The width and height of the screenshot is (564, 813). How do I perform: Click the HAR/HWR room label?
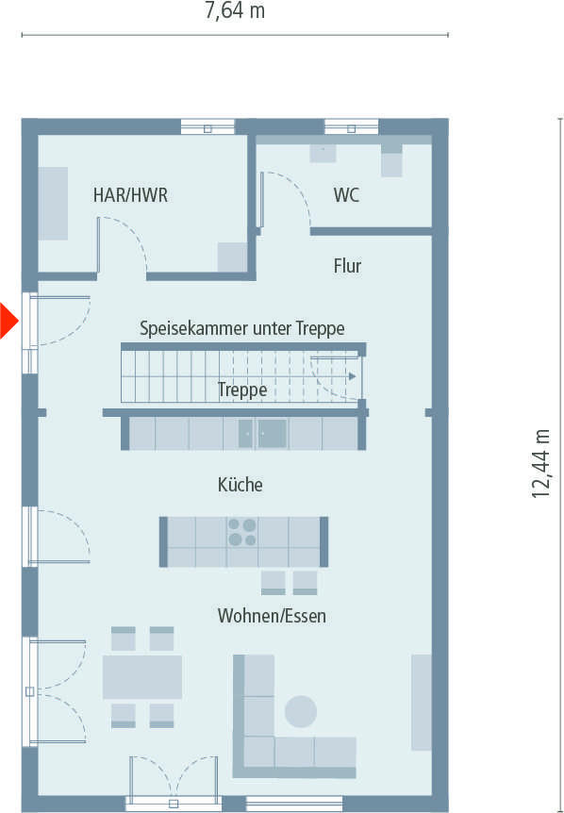[130, 195]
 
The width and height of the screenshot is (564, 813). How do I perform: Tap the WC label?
[346, 196]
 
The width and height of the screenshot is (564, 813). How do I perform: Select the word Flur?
[347, 266]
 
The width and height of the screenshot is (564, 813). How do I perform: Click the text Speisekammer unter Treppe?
[241, 328]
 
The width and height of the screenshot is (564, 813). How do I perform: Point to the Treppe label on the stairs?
[241, 389]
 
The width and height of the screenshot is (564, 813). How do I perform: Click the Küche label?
[240, 485]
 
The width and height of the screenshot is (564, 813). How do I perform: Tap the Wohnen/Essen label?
[272, 616]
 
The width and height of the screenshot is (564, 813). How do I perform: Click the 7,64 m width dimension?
[235, 12]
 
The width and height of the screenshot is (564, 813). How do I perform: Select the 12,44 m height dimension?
[542, 462]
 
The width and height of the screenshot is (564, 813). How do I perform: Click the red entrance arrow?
[8, 320]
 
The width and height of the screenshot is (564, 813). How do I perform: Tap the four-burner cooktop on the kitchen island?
[242, 533]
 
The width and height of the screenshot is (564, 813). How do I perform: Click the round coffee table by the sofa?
[302, 711]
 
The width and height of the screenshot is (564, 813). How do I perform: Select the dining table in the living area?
[142, 677]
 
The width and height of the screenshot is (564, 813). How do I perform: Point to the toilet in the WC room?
[391, 161]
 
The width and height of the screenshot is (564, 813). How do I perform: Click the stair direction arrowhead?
[352, 376]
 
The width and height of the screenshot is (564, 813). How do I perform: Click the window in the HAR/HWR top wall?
[207, 126]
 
